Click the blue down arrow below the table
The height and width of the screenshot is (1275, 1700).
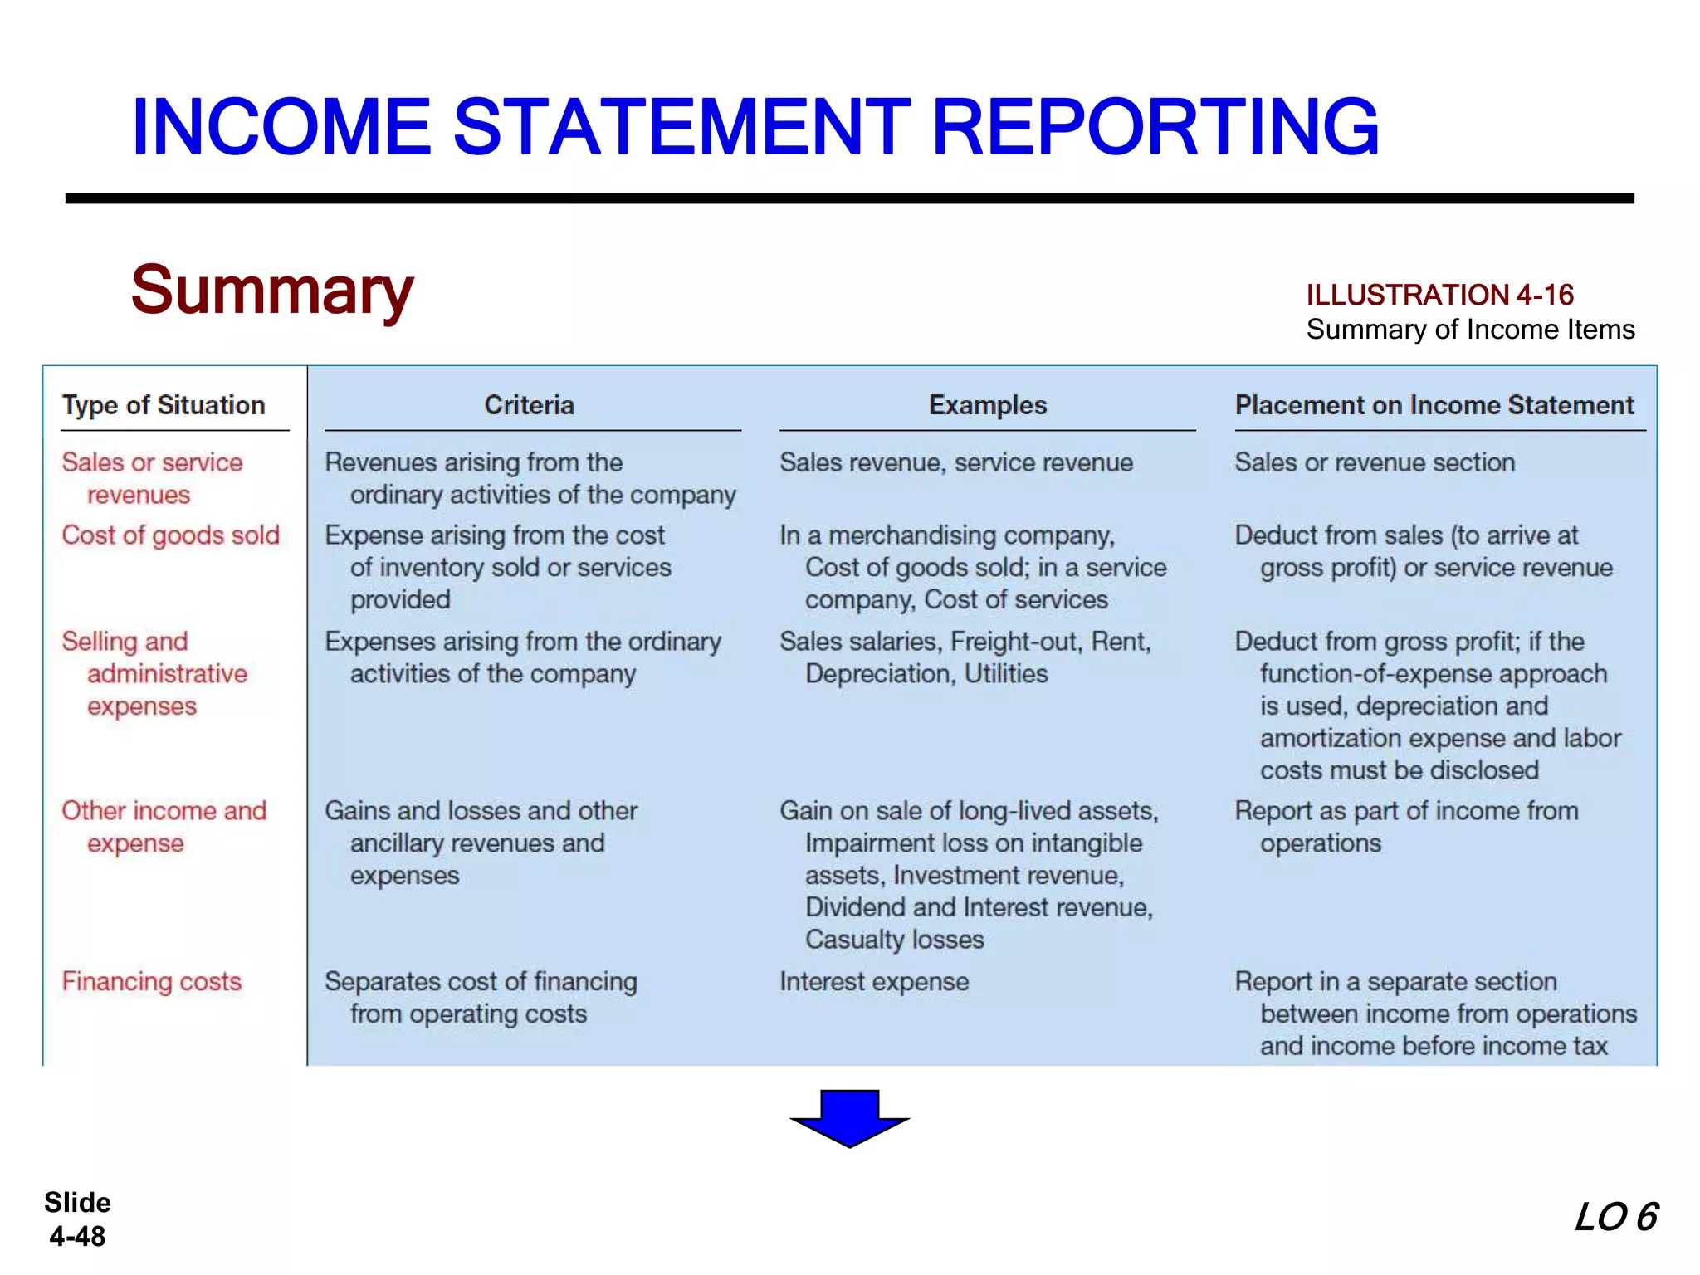[850, 1117]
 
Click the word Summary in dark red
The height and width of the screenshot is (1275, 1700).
[272, 291]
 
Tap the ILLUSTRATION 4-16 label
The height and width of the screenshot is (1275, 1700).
[1439, 295]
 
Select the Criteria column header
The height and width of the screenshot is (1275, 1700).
[530, 405]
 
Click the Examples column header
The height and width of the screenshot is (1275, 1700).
[987, 405]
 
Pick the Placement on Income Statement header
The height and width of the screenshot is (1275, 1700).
[1434, 405]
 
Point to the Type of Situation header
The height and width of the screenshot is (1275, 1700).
[164, 405]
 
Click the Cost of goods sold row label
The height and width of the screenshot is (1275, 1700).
[171, 535]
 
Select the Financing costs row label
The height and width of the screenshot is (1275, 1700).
[152, 982]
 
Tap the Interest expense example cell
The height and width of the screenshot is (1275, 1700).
[874, 982]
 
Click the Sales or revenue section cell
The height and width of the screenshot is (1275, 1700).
[1375, 462]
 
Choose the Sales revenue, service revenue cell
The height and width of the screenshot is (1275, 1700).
[956, 462]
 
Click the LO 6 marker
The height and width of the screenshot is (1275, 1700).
[1615, 1218]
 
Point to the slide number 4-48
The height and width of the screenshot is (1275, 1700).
[77, 1237]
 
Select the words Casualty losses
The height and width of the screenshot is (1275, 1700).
[894, 940]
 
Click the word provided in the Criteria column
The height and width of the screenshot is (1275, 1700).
[400, 600]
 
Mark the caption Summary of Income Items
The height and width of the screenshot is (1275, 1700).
[1470, 330]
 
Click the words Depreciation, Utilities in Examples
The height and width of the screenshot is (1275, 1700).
[926, 674]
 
